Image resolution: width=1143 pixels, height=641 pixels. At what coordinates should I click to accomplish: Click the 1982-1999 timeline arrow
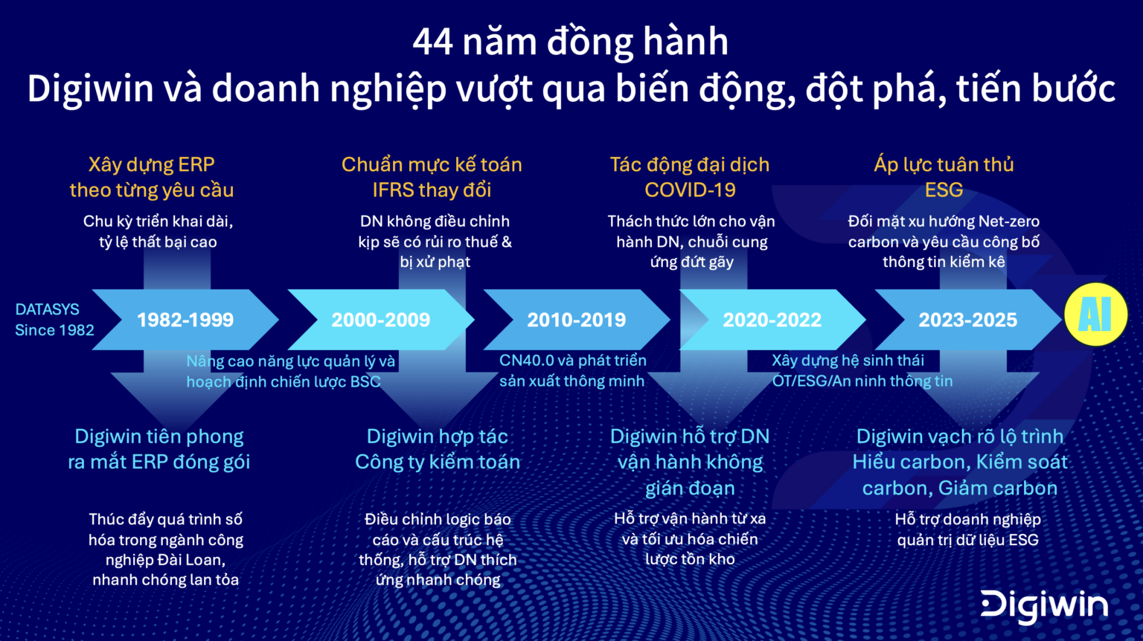pos(185,320)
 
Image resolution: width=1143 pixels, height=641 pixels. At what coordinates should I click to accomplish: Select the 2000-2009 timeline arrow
pos(380,320)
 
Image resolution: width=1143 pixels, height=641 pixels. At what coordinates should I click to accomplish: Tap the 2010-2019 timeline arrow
pos(576,320)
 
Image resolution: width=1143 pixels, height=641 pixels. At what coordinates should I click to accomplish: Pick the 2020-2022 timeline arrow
pos(772,320)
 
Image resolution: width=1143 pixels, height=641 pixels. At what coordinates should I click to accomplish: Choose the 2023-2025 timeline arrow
pos(967,320)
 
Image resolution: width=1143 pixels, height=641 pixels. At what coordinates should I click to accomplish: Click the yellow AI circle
pos(1095,315)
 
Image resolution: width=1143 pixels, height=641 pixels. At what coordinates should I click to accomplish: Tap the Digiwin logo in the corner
pos(1044,605)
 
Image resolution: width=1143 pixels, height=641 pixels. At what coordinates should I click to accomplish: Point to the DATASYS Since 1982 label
pos(54,320)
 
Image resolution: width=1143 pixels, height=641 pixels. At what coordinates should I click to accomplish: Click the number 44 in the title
pos(432,42)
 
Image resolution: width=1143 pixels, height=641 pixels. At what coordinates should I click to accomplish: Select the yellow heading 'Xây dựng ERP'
pos(151,164)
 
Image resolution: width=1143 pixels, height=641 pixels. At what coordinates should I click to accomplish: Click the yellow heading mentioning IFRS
pos(432,190)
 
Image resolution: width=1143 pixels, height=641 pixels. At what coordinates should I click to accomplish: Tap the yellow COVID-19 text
pos(690,190)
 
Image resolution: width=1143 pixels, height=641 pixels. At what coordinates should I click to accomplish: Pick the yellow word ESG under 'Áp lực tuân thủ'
pos(944,190)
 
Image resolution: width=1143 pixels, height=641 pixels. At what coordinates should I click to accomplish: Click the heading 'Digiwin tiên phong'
pos(159,437)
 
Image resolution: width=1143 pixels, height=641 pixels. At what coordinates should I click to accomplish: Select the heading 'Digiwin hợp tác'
pos(438,437)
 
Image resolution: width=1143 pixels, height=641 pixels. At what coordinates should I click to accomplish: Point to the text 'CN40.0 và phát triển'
pos(572,361)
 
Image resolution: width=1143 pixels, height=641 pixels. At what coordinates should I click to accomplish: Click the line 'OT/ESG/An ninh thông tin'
pos(862,381)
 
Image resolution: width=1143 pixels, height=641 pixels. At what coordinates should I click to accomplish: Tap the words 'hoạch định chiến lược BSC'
pos(284,381)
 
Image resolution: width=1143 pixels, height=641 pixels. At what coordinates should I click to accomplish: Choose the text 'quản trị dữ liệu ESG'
pos(967,540)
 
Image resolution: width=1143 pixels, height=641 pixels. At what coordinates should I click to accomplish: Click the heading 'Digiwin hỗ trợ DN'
pos(690,437)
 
